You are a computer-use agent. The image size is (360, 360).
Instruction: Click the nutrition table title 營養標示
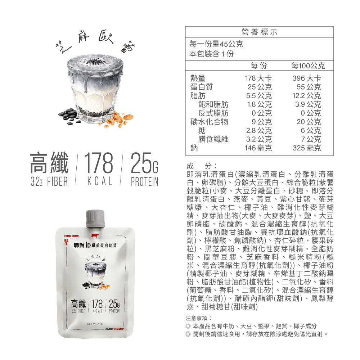pos(260,32)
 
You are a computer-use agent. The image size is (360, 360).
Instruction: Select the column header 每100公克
pos(308,66)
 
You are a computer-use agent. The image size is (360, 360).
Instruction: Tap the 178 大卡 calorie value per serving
pos(258,78)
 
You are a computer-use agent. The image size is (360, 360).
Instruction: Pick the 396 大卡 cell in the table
pos(307,78)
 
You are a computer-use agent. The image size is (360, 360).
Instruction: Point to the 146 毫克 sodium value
pos(258,148)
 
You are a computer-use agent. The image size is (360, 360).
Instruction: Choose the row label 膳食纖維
pos(213,139)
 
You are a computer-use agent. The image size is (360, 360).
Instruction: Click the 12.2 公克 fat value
pos(307,95)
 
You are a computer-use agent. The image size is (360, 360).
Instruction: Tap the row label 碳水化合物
pos(209,122)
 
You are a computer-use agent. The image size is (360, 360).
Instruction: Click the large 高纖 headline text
pos(49,163)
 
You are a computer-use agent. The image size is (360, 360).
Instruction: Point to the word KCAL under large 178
pos(100,181)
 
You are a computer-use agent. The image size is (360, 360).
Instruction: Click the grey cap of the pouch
pos(95,219)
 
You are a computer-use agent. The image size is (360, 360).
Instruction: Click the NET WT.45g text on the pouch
pos(95,324)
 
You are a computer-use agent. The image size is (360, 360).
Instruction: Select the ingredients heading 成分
pos(202,166)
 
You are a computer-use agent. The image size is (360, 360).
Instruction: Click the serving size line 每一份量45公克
pos(216,44)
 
